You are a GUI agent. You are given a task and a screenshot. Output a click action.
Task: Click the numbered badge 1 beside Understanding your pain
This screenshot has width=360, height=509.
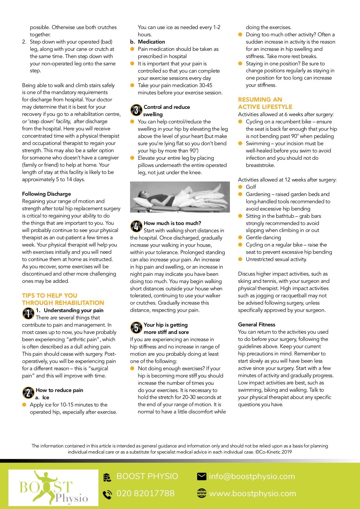[x=28, y=313]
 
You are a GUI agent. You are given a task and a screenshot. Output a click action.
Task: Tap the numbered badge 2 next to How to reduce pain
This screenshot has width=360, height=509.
[x=28, y=393]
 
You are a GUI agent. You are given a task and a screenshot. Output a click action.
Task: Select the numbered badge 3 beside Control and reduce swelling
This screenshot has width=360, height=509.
[x=136, y=110]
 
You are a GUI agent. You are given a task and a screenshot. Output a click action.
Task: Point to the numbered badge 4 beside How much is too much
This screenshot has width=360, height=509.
[x=136, y=226]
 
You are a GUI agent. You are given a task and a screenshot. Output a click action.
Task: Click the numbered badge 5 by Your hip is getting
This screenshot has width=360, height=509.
[x=136, y=328]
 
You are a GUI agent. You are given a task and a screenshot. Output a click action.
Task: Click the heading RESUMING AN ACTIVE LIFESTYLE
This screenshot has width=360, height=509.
[x=265, y=103]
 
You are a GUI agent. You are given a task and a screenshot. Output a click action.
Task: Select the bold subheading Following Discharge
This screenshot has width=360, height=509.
[x=46, y=194]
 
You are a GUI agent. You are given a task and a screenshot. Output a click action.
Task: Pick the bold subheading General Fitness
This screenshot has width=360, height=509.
[x=257, y=325]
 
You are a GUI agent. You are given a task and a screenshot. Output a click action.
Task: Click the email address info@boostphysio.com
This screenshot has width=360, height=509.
[x=252, y=476]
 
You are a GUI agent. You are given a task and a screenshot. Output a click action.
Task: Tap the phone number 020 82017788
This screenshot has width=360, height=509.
[x=145, y=493]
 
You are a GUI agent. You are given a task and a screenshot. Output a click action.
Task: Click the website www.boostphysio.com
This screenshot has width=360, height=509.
[x=253, y=493]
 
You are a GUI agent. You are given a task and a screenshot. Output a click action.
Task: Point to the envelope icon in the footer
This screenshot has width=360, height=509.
[x=201, y=476]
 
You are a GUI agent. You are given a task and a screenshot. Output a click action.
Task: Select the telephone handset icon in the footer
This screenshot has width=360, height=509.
[x=107, y=494]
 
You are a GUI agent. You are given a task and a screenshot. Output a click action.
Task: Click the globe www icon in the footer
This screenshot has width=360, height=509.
[x=201, y=493]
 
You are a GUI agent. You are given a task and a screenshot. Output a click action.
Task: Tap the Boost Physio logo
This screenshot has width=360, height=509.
[x=53, y=488]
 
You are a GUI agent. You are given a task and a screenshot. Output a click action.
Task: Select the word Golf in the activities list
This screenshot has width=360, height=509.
[x=251, y=187]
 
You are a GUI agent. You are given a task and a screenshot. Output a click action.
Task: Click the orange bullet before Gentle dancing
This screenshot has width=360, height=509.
[x=240, y=238]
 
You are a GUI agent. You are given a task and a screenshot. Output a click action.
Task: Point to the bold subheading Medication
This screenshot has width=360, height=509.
[x=151, y=42]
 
